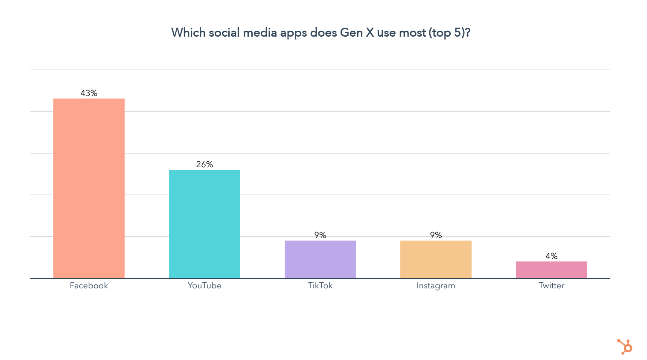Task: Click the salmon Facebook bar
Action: pos(89,188)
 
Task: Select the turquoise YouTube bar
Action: pos(204,224)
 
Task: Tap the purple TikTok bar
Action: pos(320,259)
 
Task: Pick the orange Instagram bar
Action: pos(436,259)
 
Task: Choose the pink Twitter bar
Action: pos(551,270)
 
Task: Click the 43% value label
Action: pos(89,93)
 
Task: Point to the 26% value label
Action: pos(204,164)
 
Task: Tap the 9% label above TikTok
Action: pos(320,235)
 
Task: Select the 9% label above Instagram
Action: pos(436,235)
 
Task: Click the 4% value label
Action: pos(551,256)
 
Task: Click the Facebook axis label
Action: pos(89,285)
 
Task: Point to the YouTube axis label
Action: pos(204,285)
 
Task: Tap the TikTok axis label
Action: pos(320,285)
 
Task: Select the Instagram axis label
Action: pos(436,285)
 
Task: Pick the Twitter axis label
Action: pos(551,285)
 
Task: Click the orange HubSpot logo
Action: pos(625,346)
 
